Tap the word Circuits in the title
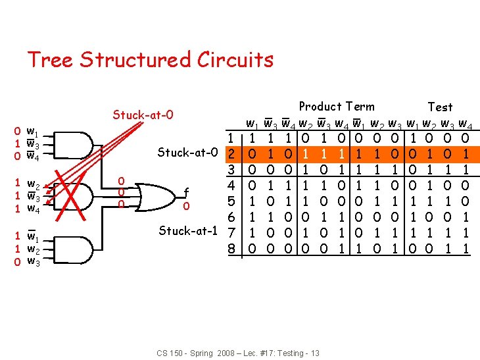(235, 60)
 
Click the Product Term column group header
(337, 106)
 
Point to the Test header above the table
(439, 107)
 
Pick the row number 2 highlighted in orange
(231, 154)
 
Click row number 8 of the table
(231, 249)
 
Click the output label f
(187, 192)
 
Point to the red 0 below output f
(187, 206)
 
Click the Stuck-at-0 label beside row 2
(188, 154)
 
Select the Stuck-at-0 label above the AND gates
(143, 115)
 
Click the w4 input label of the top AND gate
(32, 156)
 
